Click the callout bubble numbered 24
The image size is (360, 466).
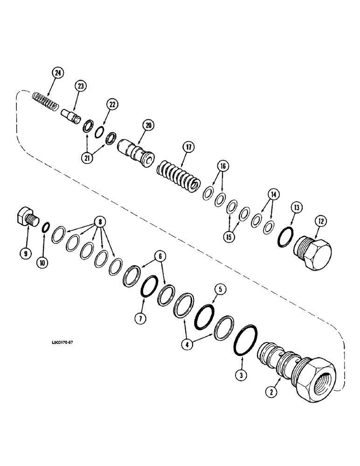[58, 74]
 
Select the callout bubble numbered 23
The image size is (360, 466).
[81, 86]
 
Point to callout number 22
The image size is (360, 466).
[112, 104]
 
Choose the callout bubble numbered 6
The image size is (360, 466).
[160, 256]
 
